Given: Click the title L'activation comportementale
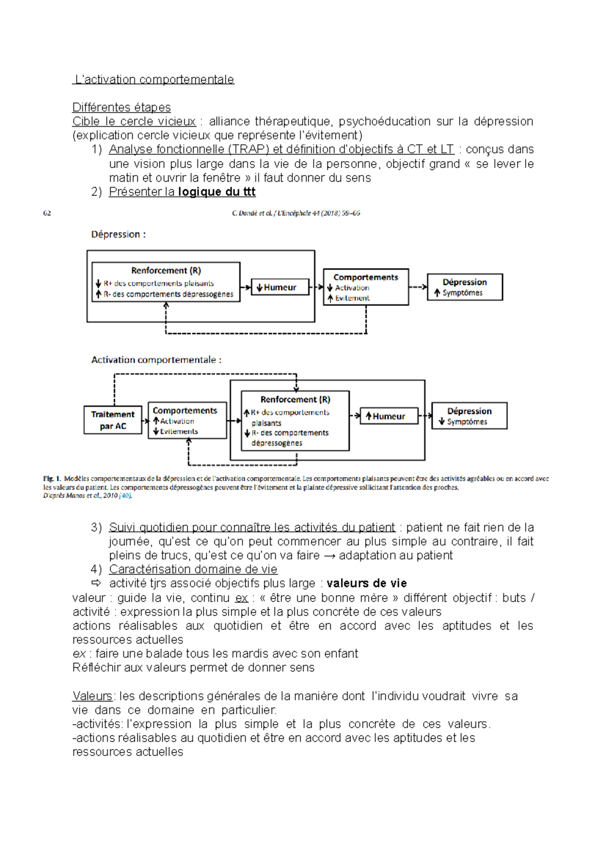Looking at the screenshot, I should pyautogui.click(x=154, y=80).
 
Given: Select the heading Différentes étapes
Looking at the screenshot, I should pyautogui.click(x=121, y=108).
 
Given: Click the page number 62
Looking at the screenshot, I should pyautogui.click(x=47, y=213).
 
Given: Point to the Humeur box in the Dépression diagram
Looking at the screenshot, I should pyautogui.click(x=280, y=287).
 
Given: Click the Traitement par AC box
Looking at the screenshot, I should pyautogui.click(x=113, y=420).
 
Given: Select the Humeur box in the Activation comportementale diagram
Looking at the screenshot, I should pyautogui.click(x=389, y=416).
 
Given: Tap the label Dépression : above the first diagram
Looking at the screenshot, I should pyautogui.click(x=118, y=235).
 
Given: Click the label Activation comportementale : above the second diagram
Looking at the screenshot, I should pyautogui.click(x=156, y=360).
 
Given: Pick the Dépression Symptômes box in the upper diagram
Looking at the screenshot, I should pyautogui.click(x=465, y=287).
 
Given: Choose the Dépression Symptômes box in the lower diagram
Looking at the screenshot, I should pyautogui.click(x=469, y=416).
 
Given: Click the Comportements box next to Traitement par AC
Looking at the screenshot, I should pyautogui.click(x=187, y=420).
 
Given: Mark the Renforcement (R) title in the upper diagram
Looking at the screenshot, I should pyautogui.click(x=166, y=271).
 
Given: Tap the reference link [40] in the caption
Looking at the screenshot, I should pyautogui.click(x=125, y=496).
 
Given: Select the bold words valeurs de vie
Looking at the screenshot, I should pyautogui.click(x=367, y=583).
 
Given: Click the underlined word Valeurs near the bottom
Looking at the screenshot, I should pyautogui.click(x=92, y=696).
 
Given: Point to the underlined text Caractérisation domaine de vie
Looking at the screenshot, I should pyautogui.click(x=193, y=569).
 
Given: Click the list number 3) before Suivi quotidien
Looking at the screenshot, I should pyautogui.click(x=96, y=527).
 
